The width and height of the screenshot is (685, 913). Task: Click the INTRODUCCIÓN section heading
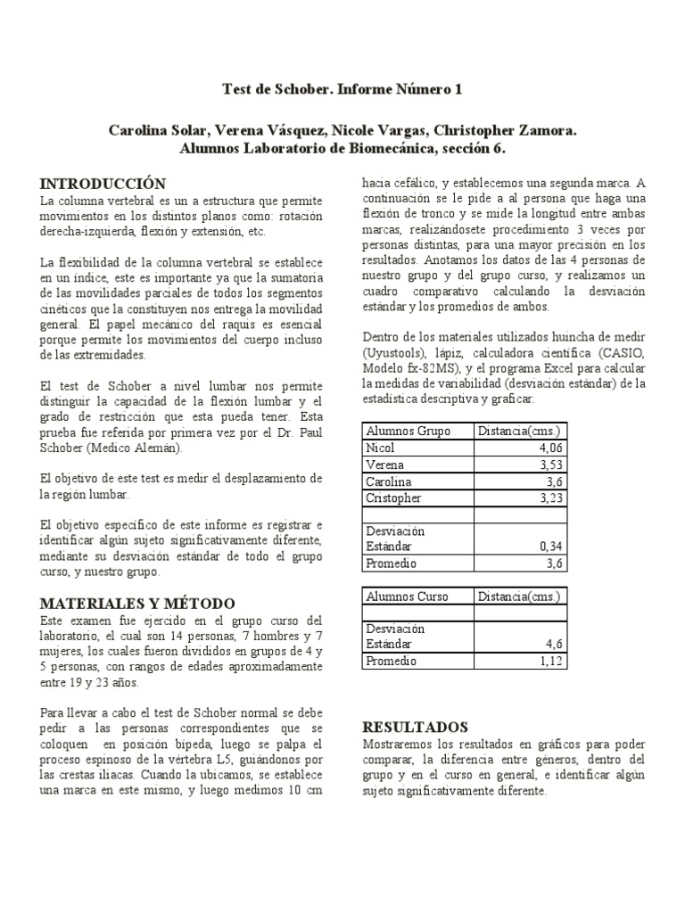pos(103,183)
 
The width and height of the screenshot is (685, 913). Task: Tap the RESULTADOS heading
pos(416,726)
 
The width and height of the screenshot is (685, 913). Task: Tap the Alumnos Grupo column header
pos(409,431)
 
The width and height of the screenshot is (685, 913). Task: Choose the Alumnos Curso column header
pos(409,596)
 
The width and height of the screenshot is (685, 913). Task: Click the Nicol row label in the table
pos(381,448)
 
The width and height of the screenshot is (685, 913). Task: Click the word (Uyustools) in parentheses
pos(399,352)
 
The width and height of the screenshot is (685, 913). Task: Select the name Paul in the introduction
pos(306,432)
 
